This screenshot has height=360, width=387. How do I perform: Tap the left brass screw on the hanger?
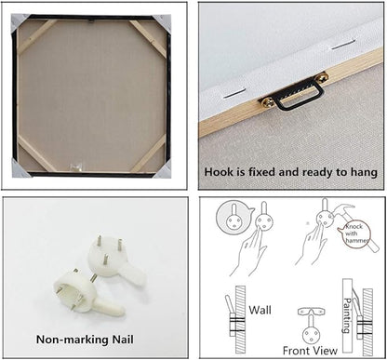268,101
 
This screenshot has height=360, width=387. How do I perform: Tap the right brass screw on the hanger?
323,76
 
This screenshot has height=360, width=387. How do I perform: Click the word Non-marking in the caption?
73,340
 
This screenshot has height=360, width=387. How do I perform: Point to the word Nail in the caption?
123,340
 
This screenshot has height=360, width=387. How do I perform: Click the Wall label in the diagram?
260,310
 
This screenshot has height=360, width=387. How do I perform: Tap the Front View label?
310,351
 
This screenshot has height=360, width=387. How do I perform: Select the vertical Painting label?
348,315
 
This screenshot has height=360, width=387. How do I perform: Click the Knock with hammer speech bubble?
356,234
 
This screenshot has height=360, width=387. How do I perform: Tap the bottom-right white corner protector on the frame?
163,169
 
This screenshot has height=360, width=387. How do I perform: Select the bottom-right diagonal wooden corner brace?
148,153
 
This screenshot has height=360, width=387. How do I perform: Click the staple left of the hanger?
234,94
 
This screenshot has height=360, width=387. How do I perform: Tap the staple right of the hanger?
343,44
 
